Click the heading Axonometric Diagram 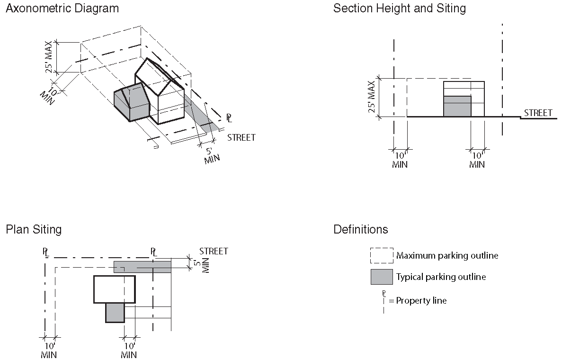62,9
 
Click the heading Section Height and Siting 399,9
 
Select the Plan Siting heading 34,230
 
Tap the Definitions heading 360,230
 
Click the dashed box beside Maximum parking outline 382,255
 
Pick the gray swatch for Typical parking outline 382,277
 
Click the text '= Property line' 418,301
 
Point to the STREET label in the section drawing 538,113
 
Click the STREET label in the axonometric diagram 241,137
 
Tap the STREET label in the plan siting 214,251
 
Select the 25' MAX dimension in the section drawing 372,97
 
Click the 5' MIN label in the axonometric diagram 211,156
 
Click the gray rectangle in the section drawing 457,106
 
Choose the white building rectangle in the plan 115,289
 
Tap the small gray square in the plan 115,313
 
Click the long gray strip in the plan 142,267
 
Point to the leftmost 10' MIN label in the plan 49,350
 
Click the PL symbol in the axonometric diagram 229,118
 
